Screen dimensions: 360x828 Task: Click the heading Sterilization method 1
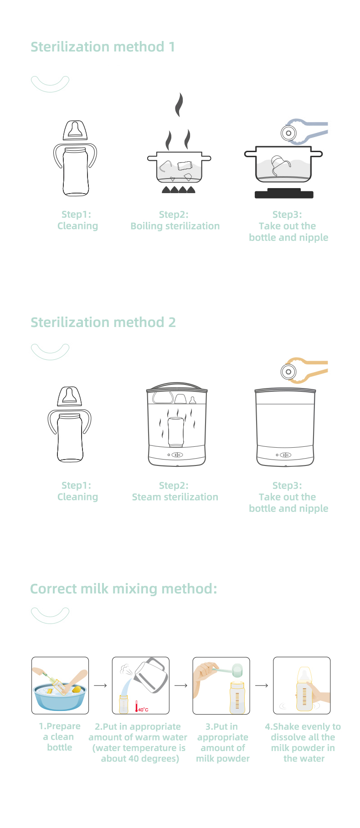[103, 47]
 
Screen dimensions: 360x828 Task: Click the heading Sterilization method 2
[103, 322]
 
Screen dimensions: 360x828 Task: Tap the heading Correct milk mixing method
[123, 589]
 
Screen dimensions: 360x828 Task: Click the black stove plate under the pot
[284, 194]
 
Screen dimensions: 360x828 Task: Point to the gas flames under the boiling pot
[179, 189]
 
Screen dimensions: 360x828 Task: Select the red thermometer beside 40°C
[136, 706]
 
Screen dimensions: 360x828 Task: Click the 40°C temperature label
[143, 710]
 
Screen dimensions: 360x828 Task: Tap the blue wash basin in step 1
[60, 699]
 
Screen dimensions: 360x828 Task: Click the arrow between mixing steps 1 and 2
[100, 685]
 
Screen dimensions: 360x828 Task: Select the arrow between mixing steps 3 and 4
[261, 685]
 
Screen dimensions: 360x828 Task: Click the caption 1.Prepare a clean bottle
[60, 737]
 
